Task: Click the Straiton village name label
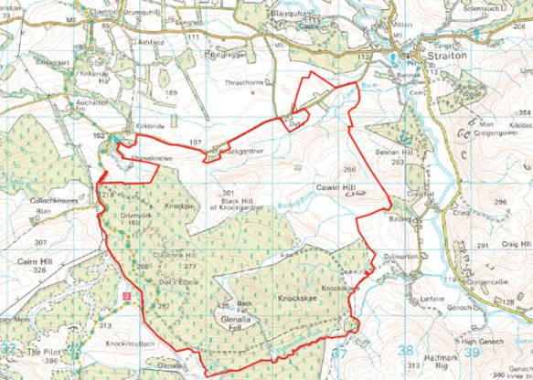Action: (448, 57)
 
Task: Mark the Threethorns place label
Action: (246, 82)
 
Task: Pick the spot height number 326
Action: (37, 270)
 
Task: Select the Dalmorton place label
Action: (400, 257)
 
